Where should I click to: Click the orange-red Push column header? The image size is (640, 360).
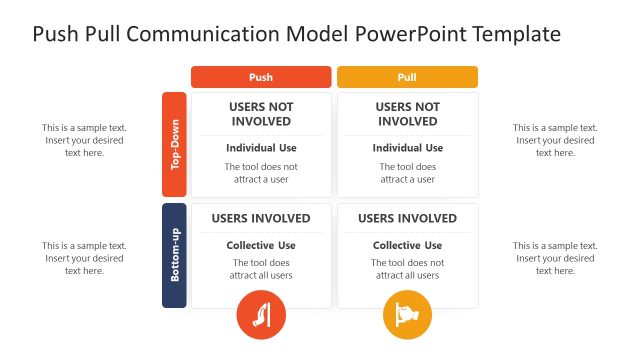pos(260,77)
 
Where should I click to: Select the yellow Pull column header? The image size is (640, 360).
pos(407,77)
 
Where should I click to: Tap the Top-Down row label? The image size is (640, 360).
pos(174,144)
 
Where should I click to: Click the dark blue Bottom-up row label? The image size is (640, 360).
pos(174,256)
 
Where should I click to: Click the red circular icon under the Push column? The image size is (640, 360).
pos(260,316)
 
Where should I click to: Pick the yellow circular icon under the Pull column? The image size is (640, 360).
pos(407,316)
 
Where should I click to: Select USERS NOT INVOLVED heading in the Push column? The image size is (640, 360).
pos(260,114)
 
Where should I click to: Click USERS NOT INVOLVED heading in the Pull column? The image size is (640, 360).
pos(407,114)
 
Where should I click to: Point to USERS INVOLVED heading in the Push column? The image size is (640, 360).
pos(260,219)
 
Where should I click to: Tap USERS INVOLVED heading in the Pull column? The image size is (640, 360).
pos(407,219)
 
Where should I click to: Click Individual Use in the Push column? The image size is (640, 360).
pos(260,148)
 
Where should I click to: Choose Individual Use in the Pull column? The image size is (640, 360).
pos(407,148)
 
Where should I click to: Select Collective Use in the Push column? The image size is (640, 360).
pos(260,246)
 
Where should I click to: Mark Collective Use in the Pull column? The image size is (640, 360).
pos(407,246)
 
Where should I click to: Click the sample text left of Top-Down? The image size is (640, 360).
pos(84,140)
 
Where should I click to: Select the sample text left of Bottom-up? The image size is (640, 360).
pos(84,258)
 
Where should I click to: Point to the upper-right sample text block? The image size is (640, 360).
pos(555,140)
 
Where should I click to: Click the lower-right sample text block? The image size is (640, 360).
pos(555,258)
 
